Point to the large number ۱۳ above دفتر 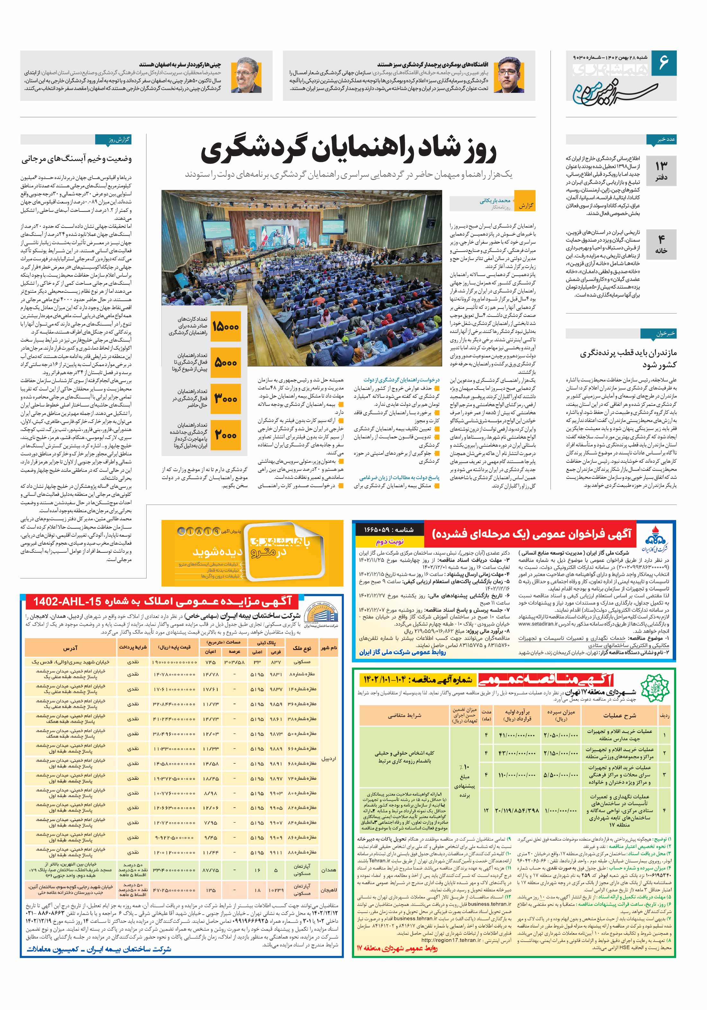[x=661, y=166]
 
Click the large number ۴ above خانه [x=661, y=239]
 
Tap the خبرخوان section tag [x=665, y=334]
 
